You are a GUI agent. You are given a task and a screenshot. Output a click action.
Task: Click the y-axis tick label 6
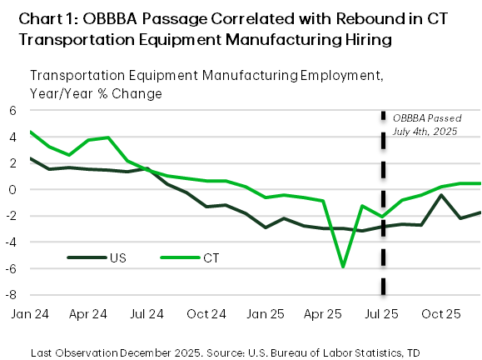pyautogui.click(x=13, y=111)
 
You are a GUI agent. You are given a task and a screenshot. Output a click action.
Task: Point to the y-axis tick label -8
pyautogui.click(x=12, y=295)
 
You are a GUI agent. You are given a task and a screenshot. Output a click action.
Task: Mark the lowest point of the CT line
pyautogui.click(x=342, y=267)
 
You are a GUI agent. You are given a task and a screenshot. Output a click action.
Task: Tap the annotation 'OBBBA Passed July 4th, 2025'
pyautogui.click(x=425, y=124)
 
